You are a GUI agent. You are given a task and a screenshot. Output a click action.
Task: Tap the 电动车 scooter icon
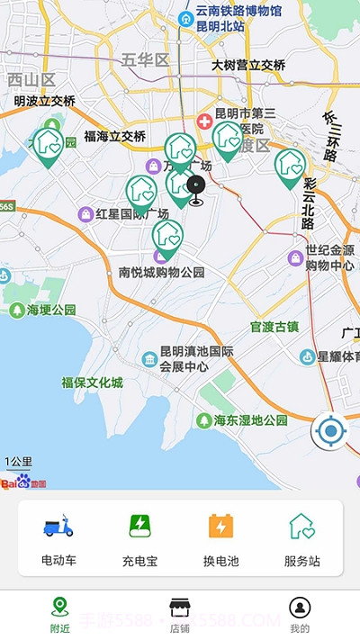pos(58,526)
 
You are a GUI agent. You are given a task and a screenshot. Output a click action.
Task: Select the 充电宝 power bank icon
pos(139,526)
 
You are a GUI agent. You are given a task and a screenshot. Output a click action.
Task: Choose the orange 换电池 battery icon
pos(220,526)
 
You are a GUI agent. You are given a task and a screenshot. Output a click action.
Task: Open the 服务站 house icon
pos(301,526)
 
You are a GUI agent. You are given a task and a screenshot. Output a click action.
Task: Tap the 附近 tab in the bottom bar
pos(60,613)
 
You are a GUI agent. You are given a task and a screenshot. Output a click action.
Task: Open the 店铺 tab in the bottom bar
pos(180,613)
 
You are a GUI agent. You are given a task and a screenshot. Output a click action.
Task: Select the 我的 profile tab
pos(300,613)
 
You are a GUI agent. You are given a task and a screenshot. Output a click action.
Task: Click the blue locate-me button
pos(330,432)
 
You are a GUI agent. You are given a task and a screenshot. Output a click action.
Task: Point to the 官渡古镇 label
pos(274,326)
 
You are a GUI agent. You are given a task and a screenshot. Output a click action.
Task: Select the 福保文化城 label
pos(92,383)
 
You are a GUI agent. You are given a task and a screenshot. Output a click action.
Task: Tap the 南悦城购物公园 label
pos(162,272)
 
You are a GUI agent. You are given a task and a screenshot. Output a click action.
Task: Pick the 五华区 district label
pos(145,60)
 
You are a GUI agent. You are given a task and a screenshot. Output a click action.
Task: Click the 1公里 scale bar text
pos(18,462)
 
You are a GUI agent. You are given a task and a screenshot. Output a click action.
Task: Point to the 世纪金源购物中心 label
pos(329,257)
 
